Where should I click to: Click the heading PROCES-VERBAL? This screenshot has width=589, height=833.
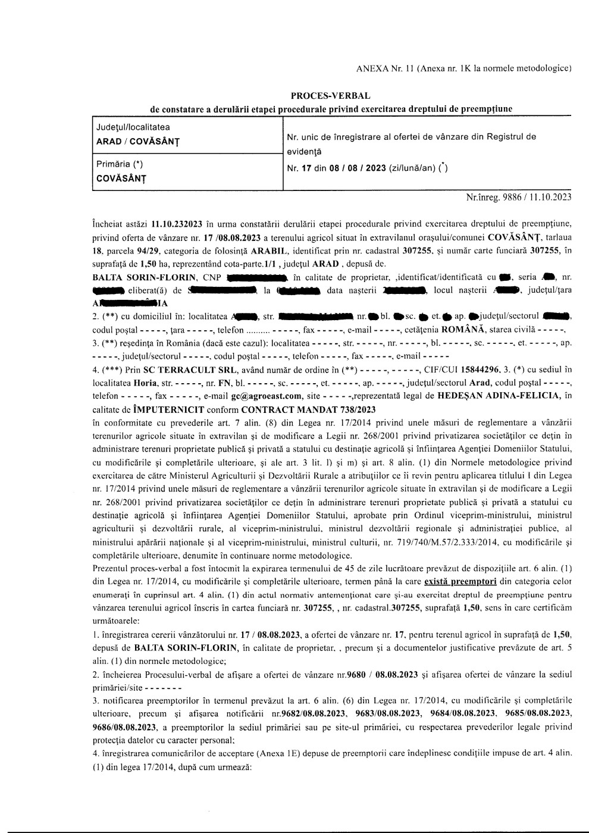click(330, 96)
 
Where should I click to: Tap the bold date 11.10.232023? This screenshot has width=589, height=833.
click(177, 224)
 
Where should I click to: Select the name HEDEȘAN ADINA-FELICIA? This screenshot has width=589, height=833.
click(498, 395)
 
